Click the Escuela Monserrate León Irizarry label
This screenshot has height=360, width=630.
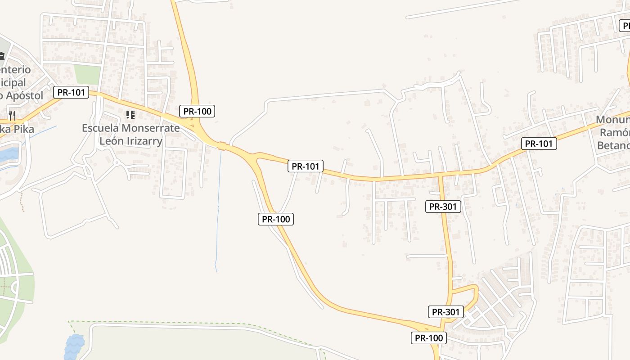click(x=130, y=134)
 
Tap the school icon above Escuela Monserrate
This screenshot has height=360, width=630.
click(x=130, y=115)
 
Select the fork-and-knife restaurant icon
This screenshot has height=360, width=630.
click(x=12, y=116)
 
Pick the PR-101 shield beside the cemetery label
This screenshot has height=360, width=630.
click(x=71, y=93)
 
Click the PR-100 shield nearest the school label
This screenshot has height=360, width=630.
click(x=197, y=111)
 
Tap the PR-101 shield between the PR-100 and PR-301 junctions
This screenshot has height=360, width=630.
click(x=306, y=166)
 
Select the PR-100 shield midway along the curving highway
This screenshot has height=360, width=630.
click(x=276, y=219)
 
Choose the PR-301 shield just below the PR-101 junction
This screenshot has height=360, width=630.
click(x=443, y=207)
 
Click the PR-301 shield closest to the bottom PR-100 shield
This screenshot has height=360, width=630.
click(x=446, y=311)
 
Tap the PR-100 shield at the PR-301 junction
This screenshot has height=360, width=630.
click(x=429, y=338)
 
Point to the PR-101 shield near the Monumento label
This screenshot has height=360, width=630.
click(x=539, y=144)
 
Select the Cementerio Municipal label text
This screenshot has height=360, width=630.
click(x=15, y=83)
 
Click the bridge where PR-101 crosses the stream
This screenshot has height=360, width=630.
click(x=221, y=145)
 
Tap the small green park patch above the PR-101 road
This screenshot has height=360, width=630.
click(x=87, y=74)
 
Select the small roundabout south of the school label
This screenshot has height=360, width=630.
click(x=117, y=162)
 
